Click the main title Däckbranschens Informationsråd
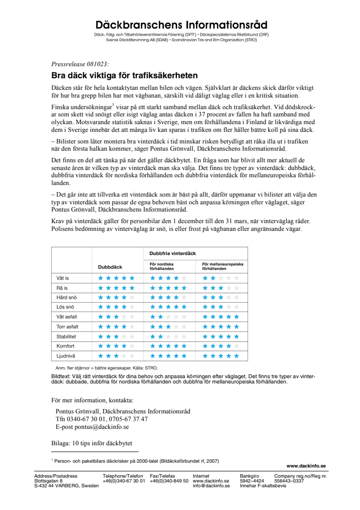[x=181, y=25]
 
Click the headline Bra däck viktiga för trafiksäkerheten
[x=125, y=75]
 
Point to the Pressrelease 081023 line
[x=80, y=64]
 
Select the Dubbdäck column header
[x=110, y=267]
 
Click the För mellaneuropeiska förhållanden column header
[x=222, y=267]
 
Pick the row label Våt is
[x=63, y=278]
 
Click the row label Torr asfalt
[x=67, y=326]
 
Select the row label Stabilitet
[x=66, y=336]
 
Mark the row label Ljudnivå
[x=66, y=355]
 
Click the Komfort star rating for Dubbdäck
[x=116, y=346]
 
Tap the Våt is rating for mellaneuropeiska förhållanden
[x=221, y=278]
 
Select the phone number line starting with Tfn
[x=102, y=419]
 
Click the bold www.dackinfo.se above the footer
[x=306, y=466]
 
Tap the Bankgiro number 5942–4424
[x=252, y=481]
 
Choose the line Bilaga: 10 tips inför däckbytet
[x=92, y=443]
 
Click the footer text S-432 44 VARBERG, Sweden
[x=67, y=486]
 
